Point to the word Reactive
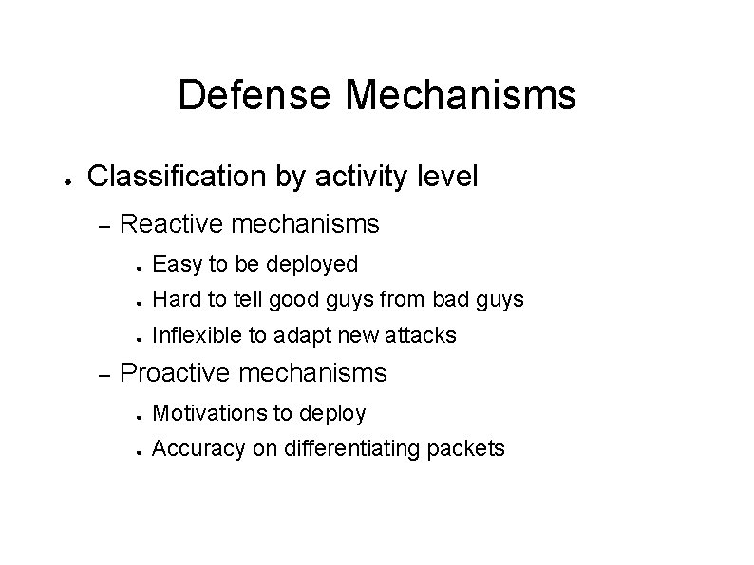pyautogui.click(x=173, y=224)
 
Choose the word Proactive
pyautogui.click(x=178, y=373)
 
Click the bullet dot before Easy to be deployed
pyautogui.click(x=137, y=265)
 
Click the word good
pyautogui.click(x=287, y=300)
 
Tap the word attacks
pyautogui.click(x=423, y=335)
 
